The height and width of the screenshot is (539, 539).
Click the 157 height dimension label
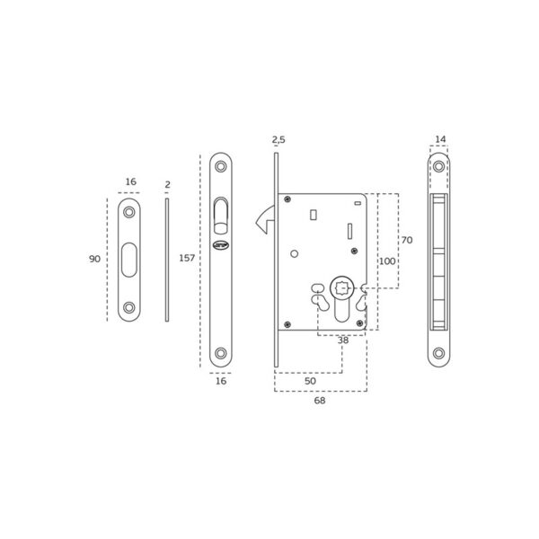click(x=187, y=258)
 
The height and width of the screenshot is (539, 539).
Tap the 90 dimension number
click(x=94, y=259)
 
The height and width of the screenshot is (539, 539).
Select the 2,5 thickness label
click(x=278, y=140)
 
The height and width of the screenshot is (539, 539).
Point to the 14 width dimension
click(x=440, y=139)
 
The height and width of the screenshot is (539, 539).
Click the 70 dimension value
click(x=407, y=240)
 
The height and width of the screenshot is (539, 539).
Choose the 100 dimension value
click(x=387, y=261)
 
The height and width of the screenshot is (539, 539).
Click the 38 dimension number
click(x=343, y=340)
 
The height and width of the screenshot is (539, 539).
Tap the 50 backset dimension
click(x=310, y=381)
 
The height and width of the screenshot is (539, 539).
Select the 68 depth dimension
click(x=320, y=401)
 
